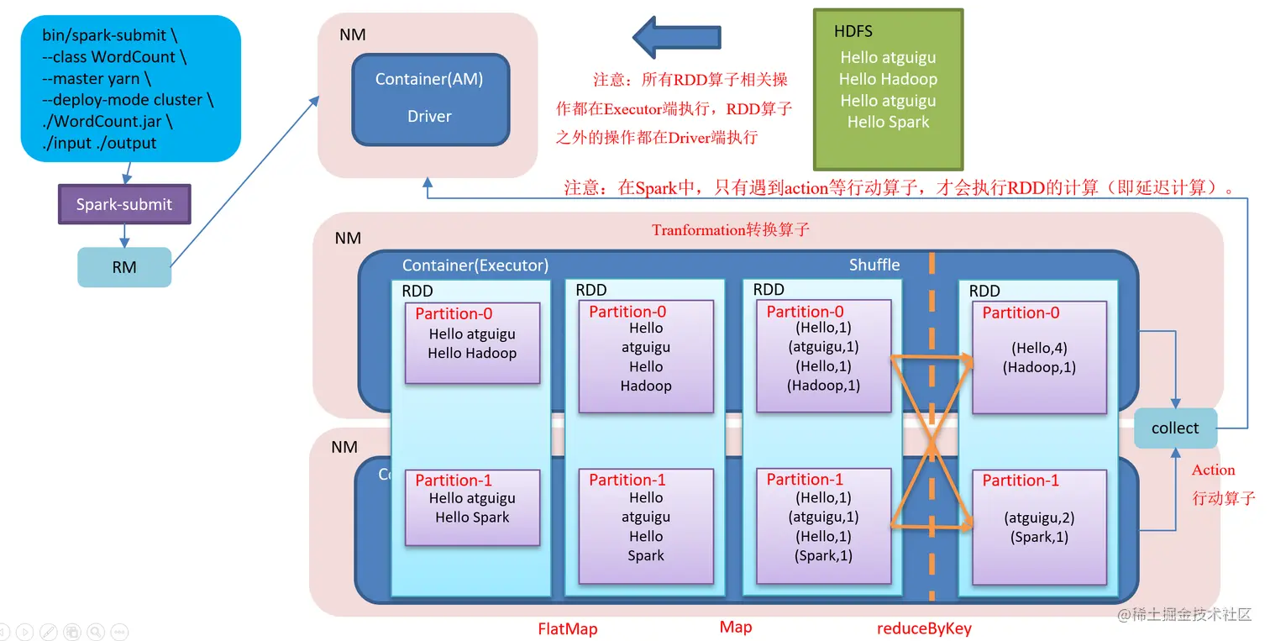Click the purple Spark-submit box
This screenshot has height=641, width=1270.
pos(124,204)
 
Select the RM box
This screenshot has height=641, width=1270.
pos(124,267)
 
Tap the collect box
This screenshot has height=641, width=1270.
pos(1174,428)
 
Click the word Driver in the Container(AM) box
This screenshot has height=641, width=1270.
pos(429,116)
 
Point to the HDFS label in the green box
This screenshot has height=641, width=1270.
pos(853,32)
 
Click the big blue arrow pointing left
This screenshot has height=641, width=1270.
pos(675,36)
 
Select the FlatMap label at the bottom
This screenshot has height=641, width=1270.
pos(568,628)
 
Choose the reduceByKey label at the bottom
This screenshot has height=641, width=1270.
pos(924,628)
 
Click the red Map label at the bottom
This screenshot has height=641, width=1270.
pos(736,627)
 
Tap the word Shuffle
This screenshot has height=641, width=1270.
pos(874,265)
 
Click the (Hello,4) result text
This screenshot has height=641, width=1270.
pos(1039,348)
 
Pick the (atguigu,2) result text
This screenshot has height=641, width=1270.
pos(1039,518)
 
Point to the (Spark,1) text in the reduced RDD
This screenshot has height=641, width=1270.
pos(1039,537)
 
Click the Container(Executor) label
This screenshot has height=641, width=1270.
pos(475,265)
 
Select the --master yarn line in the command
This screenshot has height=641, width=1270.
pos(97,78)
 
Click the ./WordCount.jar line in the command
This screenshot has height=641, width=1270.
pos(108,121)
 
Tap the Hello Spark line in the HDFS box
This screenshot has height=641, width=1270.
pos(888,122)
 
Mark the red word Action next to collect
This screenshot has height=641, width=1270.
pos(1213,470)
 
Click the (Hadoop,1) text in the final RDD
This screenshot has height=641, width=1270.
pos(1039,367)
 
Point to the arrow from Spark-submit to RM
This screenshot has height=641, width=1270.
pos(124,235)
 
